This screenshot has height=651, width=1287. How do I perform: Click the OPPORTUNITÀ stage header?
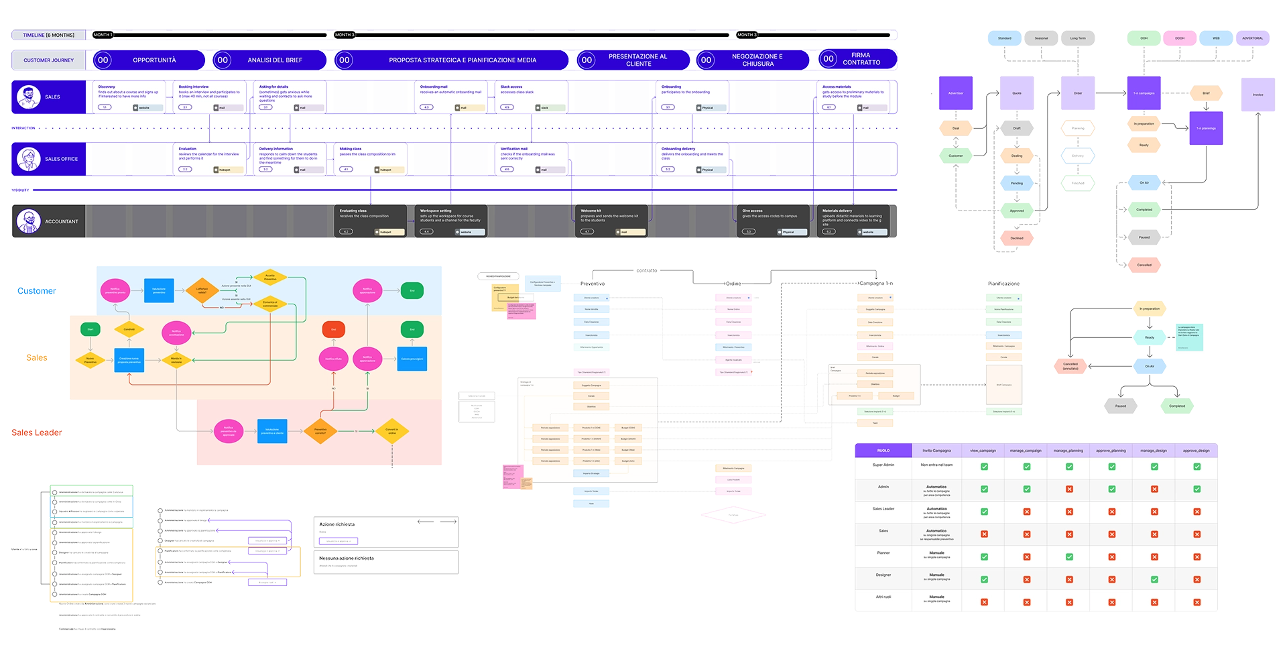click(154, 60)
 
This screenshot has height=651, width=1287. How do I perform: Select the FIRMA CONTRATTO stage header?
click(861, 59)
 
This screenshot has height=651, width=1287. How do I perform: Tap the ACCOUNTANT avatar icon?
click(28, 221)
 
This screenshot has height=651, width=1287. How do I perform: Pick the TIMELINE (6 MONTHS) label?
click(48, 35)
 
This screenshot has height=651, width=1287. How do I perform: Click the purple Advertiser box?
click(956, 93)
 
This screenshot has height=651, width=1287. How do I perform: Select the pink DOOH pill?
click(1180, 38)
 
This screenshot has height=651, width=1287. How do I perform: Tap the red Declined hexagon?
click(1017, 238)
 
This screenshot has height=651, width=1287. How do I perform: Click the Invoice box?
click(1258, 95)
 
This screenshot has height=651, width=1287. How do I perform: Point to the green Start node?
click(90, 329)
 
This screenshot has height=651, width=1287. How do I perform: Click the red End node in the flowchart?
click(333, 329)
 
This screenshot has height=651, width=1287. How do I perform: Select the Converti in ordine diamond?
click(391, 431)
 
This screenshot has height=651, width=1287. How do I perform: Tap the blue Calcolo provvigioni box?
click(412, 359)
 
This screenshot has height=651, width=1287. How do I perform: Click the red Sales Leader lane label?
click(37, 433)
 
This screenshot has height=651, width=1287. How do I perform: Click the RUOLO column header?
click(883, 451)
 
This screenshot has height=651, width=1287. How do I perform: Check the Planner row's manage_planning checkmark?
click(1069, 556)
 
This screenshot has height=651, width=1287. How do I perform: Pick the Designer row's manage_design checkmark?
click(1154, 579)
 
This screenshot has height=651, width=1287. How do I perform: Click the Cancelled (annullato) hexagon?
click(1070, 366)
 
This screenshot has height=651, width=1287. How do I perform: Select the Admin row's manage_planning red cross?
click(1069, 489)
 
